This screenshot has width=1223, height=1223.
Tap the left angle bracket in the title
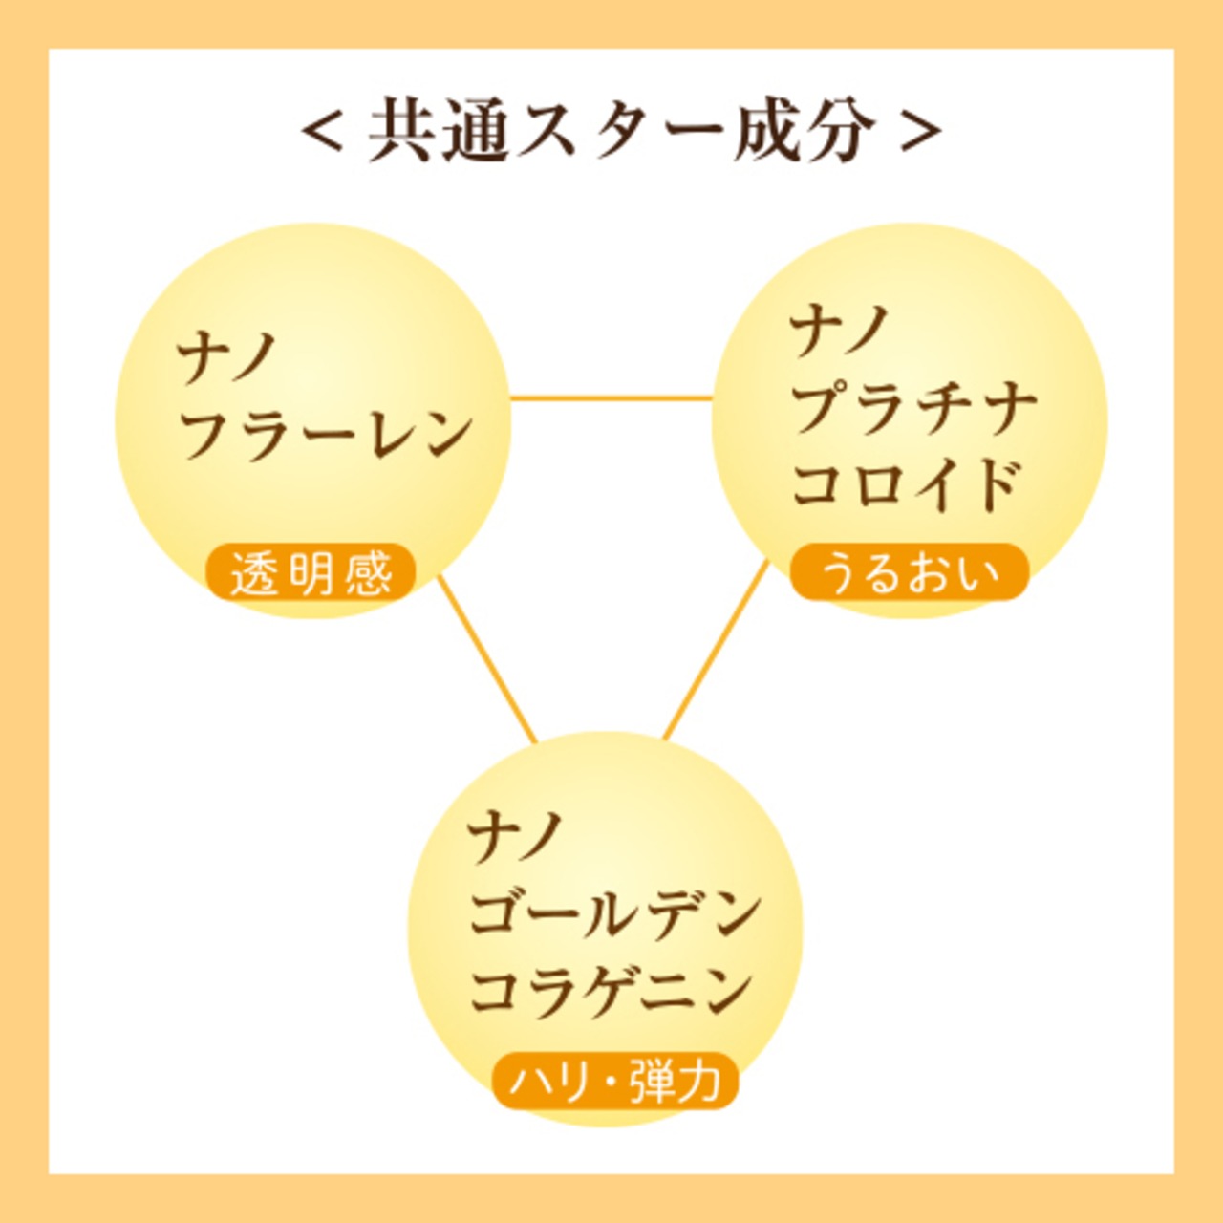323,133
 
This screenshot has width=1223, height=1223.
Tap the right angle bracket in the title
920,133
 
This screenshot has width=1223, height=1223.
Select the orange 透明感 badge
311,571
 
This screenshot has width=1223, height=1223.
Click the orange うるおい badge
909,571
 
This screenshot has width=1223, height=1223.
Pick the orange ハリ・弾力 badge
615,1081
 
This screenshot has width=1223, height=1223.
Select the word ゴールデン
614,918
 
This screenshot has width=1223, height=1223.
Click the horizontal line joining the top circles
611,397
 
